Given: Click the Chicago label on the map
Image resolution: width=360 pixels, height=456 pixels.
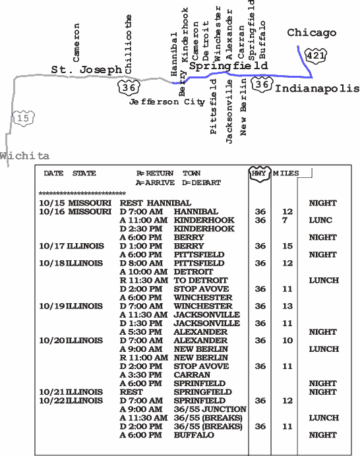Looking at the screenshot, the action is click(x=311, y=33).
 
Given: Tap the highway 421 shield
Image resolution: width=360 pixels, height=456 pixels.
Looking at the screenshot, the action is click(x=316, y=55).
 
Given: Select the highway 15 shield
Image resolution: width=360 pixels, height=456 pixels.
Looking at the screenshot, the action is click(x=24, y=118).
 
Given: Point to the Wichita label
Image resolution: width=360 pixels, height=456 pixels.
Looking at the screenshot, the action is click(x=24, y=156).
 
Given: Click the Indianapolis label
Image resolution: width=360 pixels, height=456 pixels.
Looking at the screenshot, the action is click(x=317, y=88).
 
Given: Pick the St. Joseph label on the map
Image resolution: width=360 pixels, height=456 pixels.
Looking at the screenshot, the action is click(x=86, y=70).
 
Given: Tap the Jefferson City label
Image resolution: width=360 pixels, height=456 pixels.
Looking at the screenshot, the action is click(x=167, y=102).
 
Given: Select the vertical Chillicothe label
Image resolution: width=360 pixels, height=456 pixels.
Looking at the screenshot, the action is click(x=128, y=44).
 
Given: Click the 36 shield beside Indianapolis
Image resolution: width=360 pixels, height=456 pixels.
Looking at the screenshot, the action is click(x=262, y=84).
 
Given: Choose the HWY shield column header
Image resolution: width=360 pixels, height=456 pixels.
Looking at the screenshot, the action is click(x=260, y=174).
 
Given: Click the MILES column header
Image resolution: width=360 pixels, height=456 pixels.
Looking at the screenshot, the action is click(x=285, y=173).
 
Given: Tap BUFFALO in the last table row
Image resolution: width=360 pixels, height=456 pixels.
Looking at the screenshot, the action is click(x=194, y=435).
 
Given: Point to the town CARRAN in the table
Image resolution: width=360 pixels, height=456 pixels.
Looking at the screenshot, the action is click(x=192, y=375).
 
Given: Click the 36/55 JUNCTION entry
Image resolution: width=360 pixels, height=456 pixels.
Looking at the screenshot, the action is click(x=210, y=409).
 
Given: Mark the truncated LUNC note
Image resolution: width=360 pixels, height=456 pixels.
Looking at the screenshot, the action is click(x=320, y=220).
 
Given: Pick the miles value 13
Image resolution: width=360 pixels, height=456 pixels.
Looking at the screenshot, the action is click(x=287, y=306).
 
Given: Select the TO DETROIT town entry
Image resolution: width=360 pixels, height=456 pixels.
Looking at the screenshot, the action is click(x=200, y=280).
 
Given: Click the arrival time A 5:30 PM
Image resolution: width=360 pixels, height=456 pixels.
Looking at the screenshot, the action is click(x=141, y=332).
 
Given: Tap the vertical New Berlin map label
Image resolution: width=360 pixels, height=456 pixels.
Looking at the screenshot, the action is click(x=243, y=107).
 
